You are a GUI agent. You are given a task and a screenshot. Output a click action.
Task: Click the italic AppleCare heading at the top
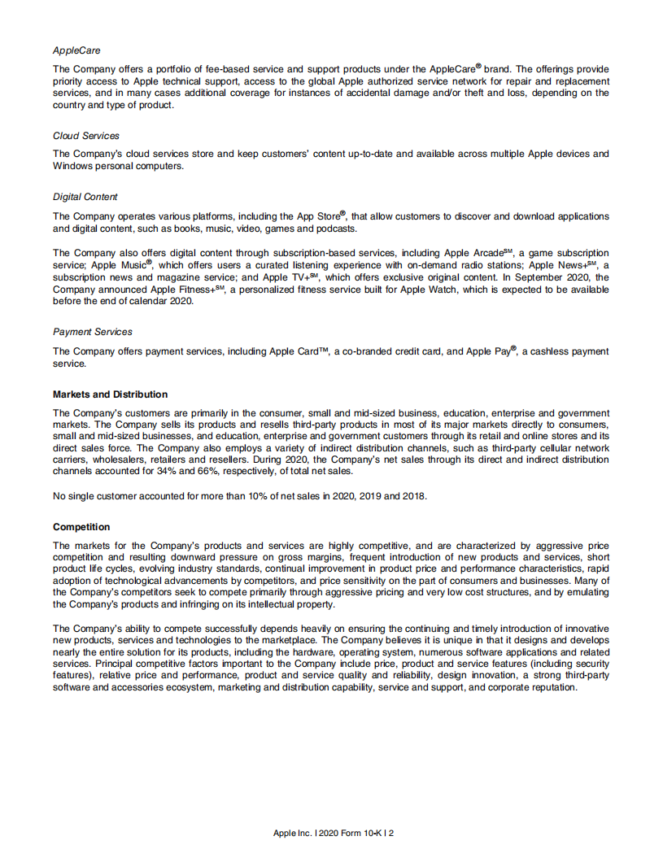click(x=76, y=50)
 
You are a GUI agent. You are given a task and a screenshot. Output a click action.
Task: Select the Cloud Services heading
click(x=86, y=136)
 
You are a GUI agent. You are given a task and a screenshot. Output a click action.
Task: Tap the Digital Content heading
click(x=85, y=197)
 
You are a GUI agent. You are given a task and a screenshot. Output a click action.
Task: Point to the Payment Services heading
click(x=93, y=332)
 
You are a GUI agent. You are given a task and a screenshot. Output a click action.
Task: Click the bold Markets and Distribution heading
click(x=111, y=394)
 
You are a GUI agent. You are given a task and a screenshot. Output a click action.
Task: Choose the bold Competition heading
click(x=81, y=527)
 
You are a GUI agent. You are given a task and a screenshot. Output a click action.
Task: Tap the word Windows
click(x=74, y=166)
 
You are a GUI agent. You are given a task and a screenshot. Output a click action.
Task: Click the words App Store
click(x=318, y=216)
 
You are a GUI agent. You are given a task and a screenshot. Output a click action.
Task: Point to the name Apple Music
click(x=119, y=265)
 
